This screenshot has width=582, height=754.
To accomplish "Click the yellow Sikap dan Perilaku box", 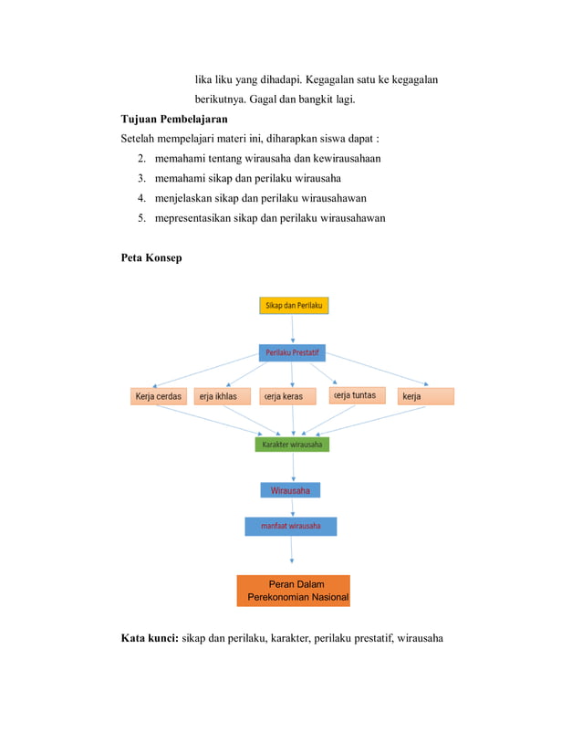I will point(294,305).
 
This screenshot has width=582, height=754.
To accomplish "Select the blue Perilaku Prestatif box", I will point(292,352).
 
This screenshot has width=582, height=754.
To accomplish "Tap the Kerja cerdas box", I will point(160,397).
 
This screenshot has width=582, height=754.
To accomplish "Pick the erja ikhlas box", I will point(223,397).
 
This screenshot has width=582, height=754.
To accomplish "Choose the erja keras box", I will point(292,397).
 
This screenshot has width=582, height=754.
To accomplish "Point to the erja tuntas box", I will point(357,396).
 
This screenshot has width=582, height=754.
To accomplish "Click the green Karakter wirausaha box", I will point(292,445).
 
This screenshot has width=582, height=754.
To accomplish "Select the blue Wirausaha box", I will point(290,490).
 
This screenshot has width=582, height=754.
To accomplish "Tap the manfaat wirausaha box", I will point(290,527).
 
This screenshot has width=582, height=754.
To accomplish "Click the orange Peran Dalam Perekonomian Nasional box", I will point(293,591).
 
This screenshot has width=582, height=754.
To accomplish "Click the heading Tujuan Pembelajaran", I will point(174,119).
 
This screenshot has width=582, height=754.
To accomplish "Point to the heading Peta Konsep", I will point(151,258).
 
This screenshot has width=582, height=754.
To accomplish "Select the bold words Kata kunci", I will point(150,638).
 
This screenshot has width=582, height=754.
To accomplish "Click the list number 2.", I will point(142,159).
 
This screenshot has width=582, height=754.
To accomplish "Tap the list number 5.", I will point(142,218).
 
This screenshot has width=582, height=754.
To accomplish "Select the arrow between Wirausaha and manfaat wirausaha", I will point(292,508).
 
